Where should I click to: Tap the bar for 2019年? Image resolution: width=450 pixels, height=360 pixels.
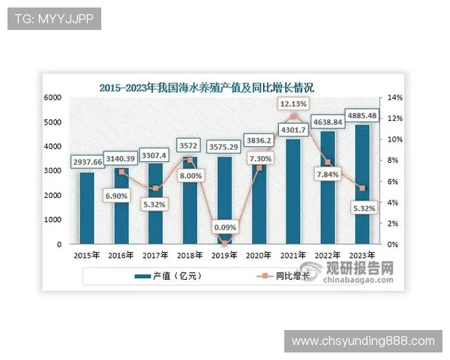[223, 202]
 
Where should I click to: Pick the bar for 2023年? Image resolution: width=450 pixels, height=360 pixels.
[361, 187]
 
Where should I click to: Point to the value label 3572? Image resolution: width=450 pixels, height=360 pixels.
[190, 145]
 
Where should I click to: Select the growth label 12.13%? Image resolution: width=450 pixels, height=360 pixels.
[294, 103]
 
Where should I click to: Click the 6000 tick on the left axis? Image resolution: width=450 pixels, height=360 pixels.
[52, 98]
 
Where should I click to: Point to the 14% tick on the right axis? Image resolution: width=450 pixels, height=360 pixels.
[395, 98]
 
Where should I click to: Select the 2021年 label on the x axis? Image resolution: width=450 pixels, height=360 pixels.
[293, 254]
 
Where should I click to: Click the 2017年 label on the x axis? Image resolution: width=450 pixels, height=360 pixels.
[156, 254]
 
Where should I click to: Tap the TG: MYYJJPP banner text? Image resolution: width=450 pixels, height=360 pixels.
[54, 19]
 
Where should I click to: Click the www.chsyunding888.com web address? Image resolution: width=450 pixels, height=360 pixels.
[363, 341]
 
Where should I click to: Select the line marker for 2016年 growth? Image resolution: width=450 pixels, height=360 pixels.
[121, 172]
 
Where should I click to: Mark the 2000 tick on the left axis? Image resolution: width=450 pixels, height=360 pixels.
[52, 196]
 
